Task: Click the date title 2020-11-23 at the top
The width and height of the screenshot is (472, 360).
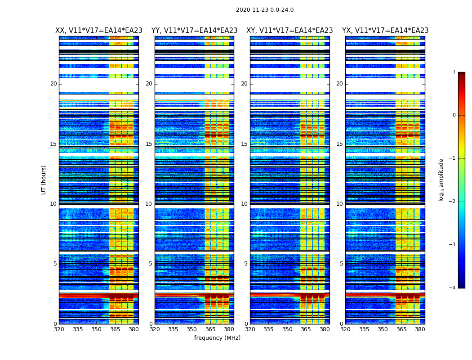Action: pyautogui.click(x=265, y=10)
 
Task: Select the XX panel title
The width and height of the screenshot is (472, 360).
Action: pyautogui.click(x=99, y=31)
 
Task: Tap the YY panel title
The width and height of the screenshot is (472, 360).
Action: pyautogui.click(x=194, y=31)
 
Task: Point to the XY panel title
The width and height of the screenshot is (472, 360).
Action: pyautogui.click(x=289, y=31)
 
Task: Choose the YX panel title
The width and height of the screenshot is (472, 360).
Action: pyautogui.click(x=385, y=31)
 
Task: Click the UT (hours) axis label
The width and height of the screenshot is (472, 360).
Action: pyautogui.click(x=44, y=180)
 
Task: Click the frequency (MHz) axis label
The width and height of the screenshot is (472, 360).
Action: pyautogui.click(x=217, y=338)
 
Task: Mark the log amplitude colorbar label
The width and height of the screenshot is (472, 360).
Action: pyautogui.click(x=441, y=180)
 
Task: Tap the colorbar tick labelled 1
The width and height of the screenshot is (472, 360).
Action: pyautogui.click(x=454, y=72)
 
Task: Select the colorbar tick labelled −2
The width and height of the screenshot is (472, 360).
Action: pyautogui.click(x=453, y=202)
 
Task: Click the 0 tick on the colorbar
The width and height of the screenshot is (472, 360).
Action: pyautogui.click(x=454, y=115)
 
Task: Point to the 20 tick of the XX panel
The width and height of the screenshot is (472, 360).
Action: pyautogui.click(x=53, y=84)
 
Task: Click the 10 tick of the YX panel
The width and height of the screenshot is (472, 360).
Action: pyautogui.click(x=339, y=204)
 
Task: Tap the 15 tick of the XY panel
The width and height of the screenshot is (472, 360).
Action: pyautogui.click(x=244, y=144)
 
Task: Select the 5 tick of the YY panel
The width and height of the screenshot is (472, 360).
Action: pyautogui.click(x=151, y=264)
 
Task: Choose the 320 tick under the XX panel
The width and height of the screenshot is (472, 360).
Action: pyautogui.click(x=59, y=329)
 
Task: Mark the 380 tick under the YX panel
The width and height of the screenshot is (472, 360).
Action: pyautogui.click(x=420, y=329)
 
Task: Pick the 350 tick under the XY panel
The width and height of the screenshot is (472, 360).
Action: pyautogui.click(x=287, y=329)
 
